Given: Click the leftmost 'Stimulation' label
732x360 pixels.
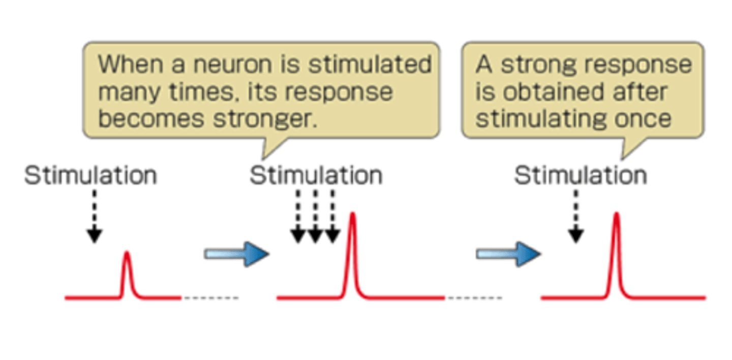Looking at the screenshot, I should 90,176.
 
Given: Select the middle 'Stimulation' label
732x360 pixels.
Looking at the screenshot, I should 316,176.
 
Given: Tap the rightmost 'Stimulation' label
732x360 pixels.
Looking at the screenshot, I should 581,176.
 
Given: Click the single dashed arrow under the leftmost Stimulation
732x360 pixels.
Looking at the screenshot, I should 94,216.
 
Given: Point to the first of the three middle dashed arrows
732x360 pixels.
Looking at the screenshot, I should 298,216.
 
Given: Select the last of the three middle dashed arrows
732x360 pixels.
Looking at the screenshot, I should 332,216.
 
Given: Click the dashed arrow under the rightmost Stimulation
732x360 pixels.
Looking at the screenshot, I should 575,216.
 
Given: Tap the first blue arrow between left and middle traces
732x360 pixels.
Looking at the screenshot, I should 236,254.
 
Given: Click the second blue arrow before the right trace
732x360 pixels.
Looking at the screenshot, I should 508,254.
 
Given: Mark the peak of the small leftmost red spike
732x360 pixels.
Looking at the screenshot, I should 127,253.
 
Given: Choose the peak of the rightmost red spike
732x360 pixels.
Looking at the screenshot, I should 616,214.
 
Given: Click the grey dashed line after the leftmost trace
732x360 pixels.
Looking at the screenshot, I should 210,298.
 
